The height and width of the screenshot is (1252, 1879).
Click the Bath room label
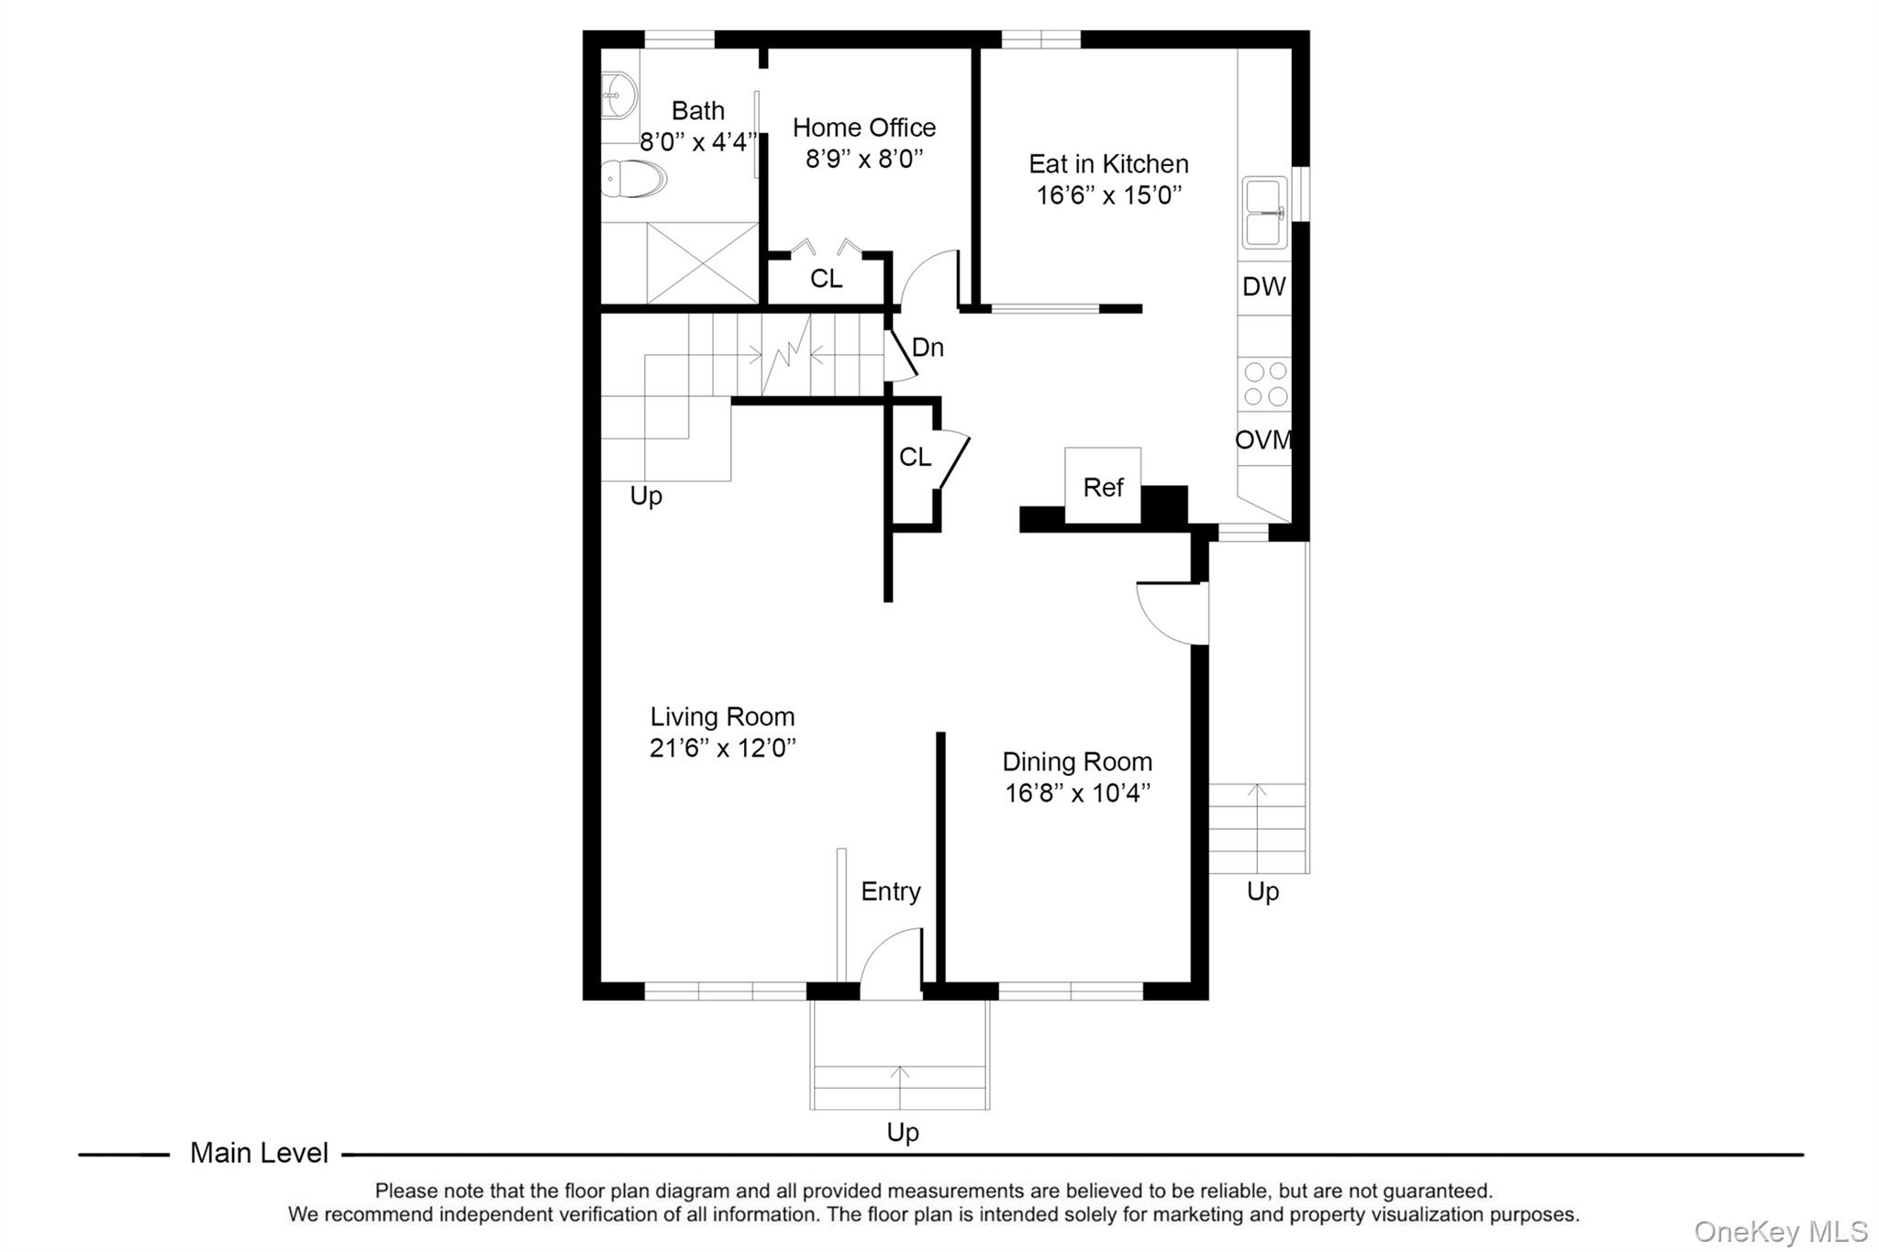(x=697, y=111)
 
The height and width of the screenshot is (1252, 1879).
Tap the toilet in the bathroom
(x=634, y=179)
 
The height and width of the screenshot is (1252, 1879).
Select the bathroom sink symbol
(x=619, y=94)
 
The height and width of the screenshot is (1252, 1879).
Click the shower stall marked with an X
(x=702, y=262)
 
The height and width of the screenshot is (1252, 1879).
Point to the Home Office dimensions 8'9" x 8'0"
(x=863, y=159)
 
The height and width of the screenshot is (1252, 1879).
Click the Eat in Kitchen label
(x=1107, y=164)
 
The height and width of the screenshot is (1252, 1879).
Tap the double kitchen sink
(x=1264, y=213)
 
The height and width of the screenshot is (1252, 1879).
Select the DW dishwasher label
(x=1263, y=287)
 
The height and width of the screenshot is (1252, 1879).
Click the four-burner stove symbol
(x=1264, y=383)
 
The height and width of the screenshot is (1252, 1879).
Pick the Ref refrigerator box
(x=1102, y=486)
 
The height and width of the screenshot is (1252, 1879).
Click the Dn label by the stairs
(x=927, y=348)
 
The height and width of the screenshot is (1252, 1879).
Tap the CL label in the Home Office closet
(x=826, y=279)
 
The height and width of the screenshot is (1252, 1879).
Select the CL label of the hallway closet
(x=914, y=457)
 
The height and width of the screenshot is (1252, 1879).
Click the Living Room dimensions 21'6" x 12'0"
(x=722, y=748)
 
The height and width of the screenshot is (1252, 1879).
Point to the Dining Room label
(x=1076, y=762)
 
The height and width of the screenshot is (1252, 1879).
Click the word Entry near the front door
(x=890, y=892)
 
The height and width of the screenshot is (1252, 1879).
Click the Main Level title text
(x=259, y=1153)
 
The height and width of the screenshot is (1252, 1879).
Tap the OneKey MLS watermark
(x=1780, y=1231)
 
